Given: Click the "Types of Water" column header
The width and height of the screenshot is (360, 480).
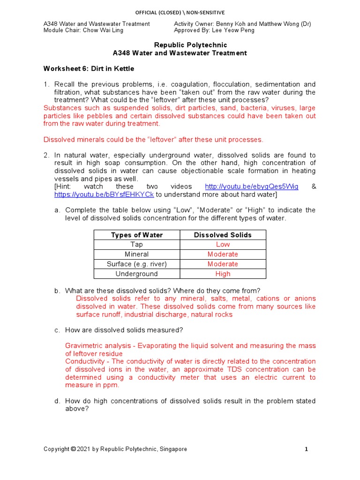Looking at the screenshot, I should click(136, 235).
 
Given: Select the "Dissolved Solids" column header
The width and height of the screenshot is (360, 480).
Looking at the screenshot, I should click(223, 235).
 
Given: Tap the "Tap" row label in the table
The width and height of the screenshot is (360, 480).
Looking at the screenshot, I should click(136, 245).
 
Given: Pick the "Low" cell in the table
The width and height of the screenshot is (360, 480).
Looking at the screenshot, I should click(223, 245).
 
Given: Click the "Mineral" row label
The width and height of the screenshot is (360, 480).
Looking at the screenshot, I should click(136, 255).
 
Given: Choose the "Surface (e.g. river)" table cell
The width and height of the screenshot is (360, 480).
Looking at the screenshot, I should click(136, 264).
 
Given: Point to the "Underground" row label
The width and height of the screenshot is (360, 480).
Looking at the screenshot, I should click(136, 274).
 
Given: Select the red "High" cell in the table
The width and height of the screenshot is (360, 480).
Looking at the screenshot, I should click(223, 274).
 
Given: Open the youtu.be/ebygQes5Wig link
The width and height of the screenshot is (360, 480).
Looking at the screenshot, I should click(251, 187).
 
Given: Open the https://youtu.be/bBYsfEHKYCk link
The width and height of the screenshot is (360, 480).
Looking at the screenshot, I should click(104, 195).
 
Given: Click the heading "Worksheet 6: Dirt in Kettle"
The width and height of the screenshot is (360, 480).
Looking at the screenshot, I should click(89, 69).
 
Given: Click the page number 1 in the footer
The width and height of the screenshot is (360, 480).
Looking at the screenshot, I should click(306, 449).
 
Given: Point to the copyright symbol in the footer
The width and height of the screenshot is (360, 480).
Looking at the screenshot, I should click(73, 449).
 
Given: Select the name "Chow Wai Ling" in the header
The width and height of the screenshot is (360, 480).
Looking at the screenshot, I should click(107, 30).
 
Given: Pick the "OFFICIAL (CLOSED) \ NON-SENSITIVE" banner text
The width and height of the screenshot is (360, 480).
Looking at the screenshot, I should click(180, 13).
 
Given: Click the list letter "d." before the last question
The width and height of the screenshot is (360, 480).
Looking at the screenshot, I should click(57, 401).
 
